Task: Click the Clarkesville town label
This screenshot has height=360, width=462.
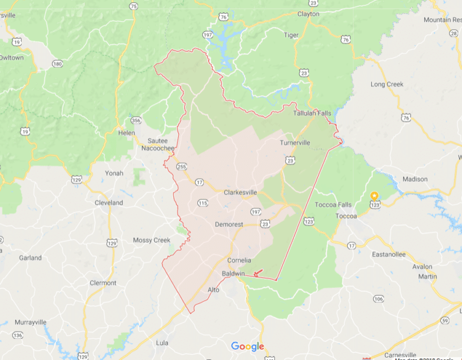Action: [x=240, y=193]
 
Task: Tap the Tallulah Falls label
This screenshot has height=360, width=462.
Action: [x=312, y=113]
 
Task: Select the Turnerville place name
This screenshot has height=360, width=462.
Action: [x=295, y=143]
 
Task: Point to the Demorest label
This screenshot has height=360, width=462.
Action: [x=229, y=225]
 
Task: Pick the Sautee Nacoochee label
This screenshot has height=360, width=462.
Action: [x=158, y=144]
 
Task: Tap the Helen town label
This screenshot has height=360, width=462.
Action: [x=127, y=132]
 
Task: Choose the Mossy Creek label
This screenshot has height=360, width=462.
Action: [x=152, y=240]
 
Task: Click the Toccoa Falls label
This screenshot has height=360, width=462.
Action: [x=333, y=205]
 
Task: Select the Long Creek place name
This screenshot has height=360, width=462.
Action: [x=387, y=84]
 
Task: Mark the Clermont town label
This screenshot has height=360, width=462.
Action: [x=102, y=283]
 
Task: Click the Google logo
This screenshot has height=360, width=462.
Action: [x=247, y=346]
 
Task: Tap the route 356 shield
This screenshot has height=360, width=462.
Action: [x=137, y=120]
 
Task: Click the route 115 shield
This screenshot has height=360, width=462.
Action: [x=203, y=203]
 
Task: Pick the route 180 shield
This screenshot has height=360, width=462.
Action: [x=57, y=64]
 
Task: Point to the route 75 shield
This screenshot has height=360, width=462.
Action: [x=133, y=6]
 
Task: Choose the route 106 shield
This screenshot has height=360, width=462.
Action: [x=378, y=299]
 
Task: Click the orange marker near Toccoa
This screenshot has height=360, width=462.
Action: [x=374, y=196]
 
